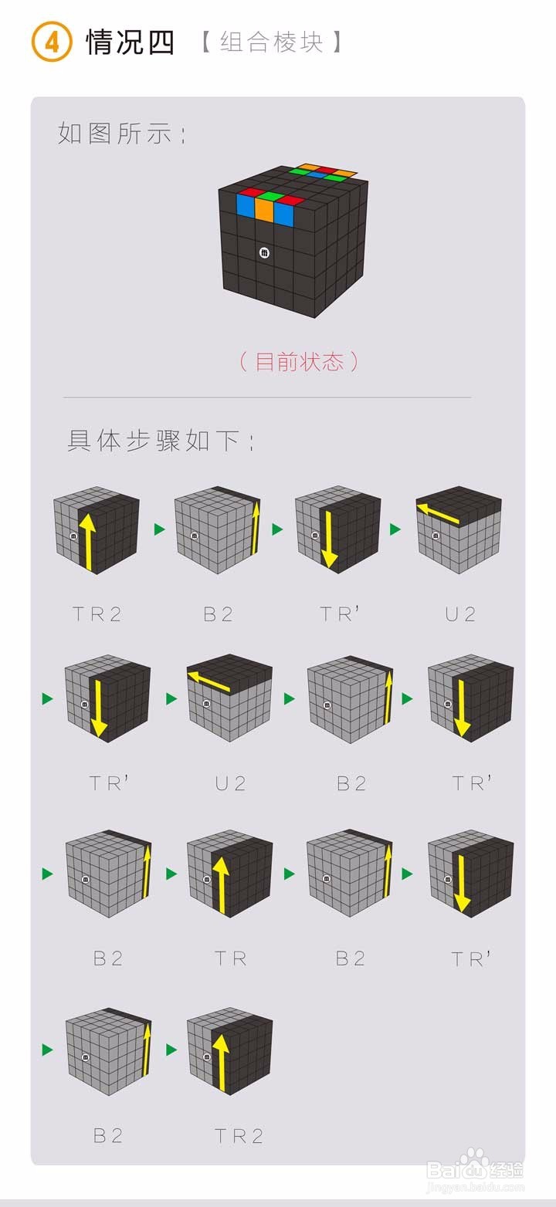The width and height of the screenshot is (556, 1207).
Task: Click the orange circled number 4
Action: pyautogui.click(x=51, y=42)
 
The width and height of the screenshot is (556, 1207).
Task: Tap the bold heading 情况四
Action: pyautogui.click(x=131, y=42)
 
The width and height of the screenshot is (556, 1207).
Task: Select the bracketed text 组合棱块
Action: pyautogui.click(x=271, y=42)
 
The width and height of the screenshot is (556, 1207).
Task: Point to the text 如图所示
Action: pyautogui.click(x=121, y=134)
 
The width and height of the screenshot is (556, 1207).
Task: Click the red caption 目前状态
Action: pyautogui.click(x=299, y=361)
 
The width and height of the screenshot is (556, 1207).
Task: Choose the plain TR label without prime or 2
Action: pyautogui.click(x=230, y=959)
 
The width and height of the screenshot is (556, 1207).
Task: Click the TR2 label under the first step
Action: pyautogui.click(x=97, y=614)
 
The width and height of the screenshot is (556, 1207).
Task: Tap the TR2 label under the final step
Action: pyautogui.click(x=239, y=1135)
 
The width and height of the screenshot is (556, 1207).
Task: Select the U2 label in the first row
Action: pyautogui.click(x=461, y=614)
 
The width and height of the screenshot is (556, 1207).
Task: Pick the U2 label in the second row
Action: pyautogui.click(x=230, y=784)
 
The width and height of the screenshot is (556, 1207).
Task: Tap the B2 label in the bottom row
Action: pyautogui.click(x=108, y=1135)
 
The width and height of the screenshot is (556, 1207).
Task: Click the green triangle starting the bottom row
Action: pyautogui.click(x=48, y=1050)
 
